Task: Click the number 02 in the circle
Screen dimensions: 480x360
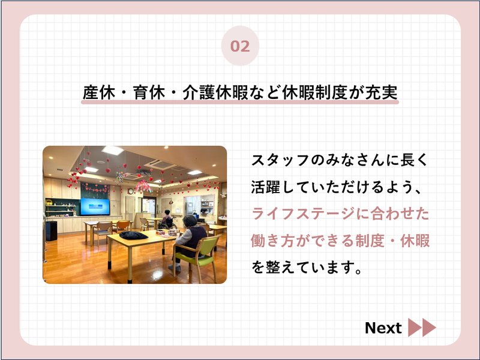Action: (x=240, y=46)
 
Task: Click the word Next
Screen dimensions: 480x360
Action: (x=383, y=328)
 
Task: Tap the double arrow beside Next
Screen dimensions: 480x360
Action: (x=422, y=328)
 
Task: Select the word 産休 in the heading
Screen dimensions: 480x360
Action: (x=99, y=92)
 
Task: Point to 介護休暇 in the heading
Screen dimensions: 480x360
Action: (x=215, y=92)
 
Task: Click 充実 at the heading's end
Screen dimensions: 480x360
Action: (x=382, y=92)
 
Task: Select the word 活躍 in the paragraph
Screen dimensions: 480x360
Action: (x=265, y=187)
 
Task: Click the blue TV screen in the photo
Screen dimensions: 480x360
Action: (x=95, y=206)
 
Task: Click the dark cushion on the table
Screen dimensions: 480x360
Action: (x=133, y=235)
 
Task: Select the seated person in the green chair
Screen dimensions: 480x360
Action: (x=188, y=242)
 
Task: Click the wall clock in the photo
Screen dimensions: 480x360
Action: (x=131, y=191)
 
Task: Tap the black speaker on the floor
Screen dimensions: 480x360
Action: (x=51, y=230)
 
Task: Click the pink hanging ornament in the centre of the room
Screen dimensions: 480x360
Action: (x=143, y=185)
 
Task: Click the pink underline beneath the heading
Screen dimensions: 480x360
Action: (x=240, y=102)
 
